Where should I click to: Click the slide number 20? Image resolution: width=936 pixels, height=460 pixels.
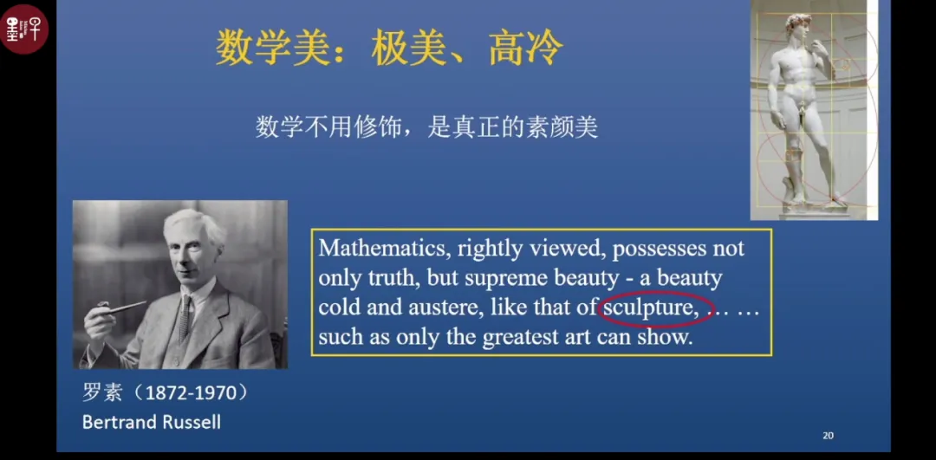828,436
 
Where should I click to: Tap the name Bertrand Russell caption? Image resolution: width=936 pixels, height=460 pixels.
152,423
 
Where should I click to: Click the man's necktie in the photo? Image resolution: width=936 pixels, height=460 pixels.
185,317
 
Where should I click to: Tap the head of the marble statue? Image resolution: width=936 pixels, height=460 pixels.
798,27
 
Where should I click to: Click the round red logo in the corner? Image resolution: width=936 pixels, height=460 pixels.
24,29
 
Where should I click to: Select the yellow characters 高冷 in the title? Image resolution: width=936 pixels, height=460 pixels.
526,49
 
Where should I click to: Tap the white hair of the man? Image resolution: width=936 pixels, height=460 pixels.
194,225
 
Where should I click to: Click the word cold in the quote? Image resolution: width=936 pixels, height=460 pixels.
339,308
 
